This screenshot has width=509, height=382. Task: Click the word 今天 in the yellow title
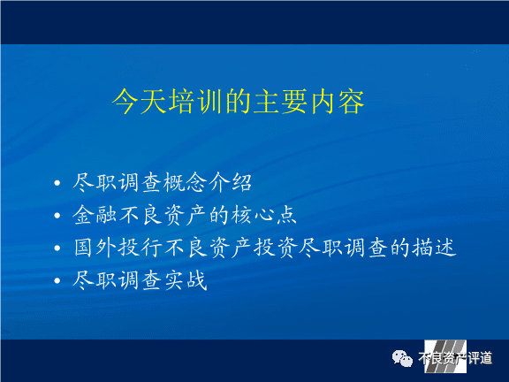[140, 102]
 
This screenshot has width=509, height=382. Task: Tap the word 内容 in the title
[338, 102]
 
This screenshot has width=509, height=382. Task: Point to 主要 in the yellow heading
[281, 102]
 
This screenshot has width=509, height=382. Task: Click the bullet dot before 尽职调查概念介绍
[57, 183]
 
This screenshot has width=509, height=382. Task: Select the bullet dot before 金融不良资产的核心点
[57, 216]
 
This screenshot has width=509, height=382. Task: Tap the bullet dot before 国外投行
[57, 248]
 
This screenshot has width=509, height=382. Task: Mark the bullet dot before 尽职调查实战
[57, 280]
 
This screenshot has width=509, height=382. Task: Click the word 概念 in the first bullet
[185, 182]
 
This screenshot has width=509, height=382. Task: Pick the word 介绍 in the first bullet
[230, 182]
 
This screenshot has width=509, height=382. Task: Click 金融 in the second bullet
[95, 215]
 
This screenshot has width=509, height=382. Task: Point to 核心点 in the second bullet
[263, 215]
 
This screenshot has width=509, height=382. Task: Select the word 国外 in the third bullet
[95, 248]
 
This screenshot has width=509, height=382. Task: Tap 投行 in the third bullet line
[140, 248]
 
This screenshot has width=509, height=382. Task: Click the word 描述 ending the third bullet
[435, 248]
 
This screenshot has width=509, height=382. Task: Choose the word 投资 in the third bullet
[276, 248]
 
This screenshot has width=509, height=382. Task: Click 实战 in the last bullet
[186, 280]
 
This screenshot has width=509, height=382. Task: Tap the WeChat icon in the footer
[402, 358]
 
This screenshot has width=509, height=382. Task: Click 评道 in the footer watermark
[480, 358]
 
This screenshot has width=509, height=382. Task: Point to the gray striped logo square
[445, 356]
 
